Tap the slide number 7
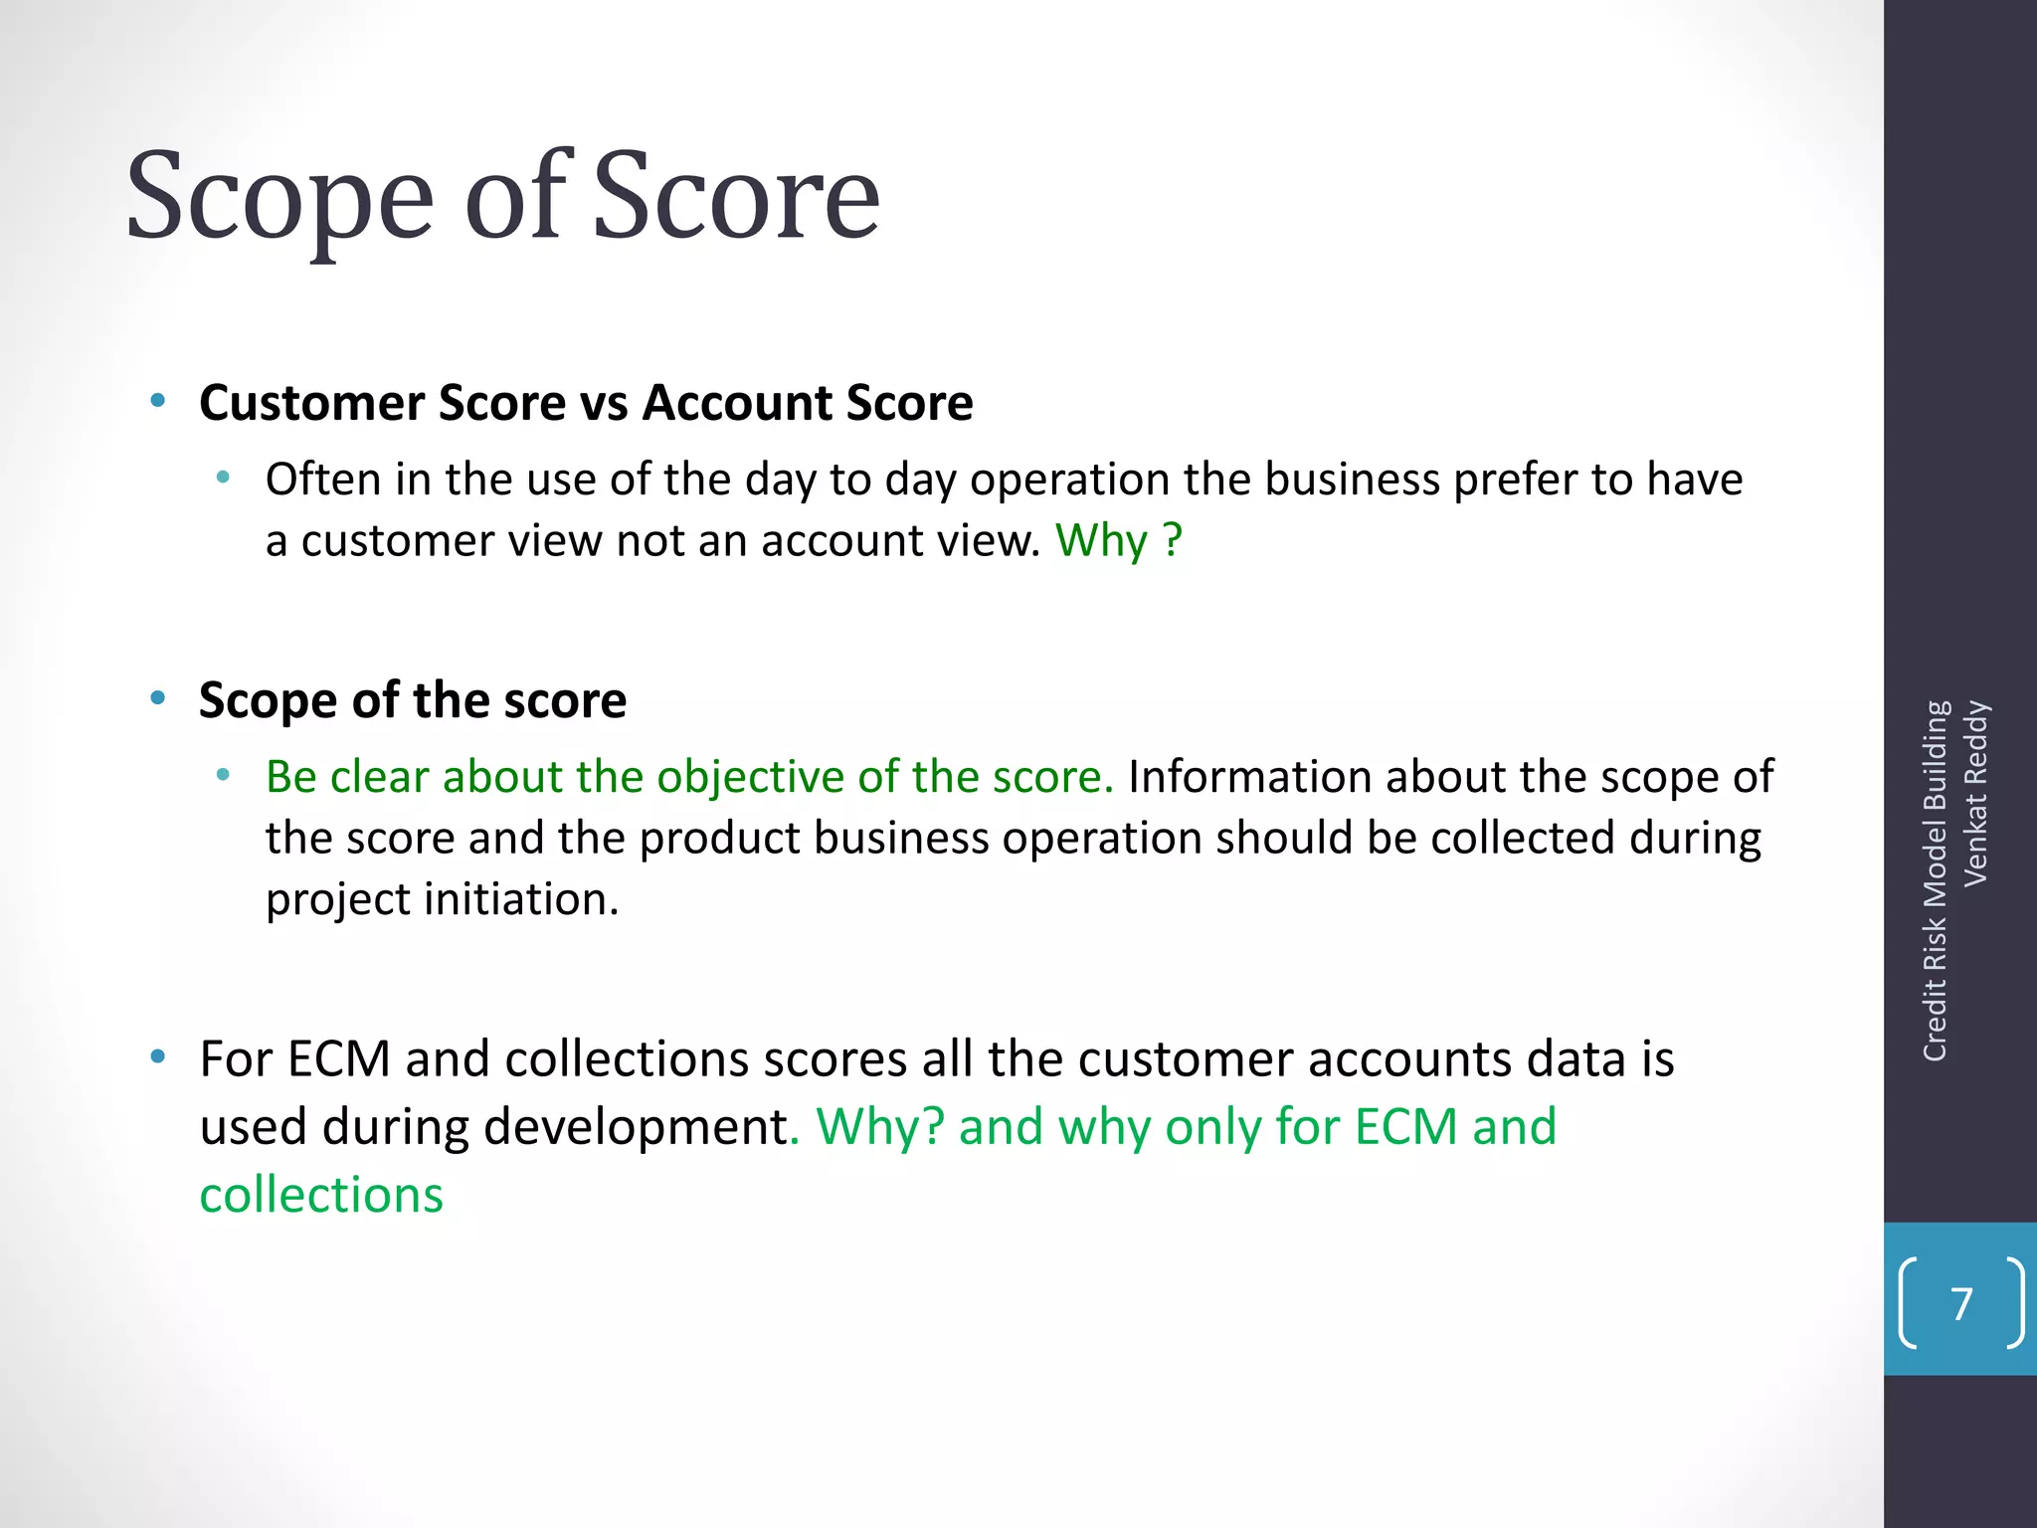[1961, 1304]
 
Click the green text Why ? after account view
[1118, 541]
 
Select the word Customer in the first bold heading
[312, 403]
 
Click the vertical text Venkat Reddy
[1975, 793]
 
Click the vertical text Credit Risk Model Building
[1935, 880]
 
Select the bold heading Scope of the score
[413, 700]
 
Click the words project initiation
[442, 900]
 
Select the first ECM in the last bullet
[338, 1059]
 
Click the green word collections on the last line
[321, 1195]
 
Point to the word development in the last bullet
[635, 1128]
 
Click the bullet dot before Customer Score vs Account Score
[157, 401]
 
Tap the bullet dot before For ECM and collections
[157, 1056]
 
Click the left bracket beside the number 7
[1907, 1303]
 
